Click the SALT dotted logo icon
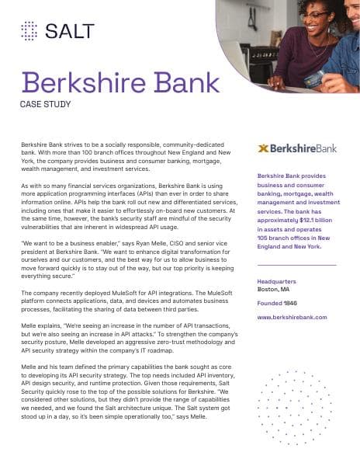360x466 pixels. (x=29, y=30)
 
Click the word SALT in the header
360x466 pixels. (x=70, y=30)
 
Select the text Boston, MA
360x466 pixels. (x=274, y=290)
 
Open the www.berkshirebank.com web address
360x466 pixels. (x=292, y=317)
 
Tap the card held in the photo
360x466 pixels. (x=314, y=77)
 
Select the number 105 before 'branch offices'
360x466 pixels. (x=264, y=238)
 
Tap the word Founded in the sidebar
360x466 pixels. (x=268, y=303)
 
